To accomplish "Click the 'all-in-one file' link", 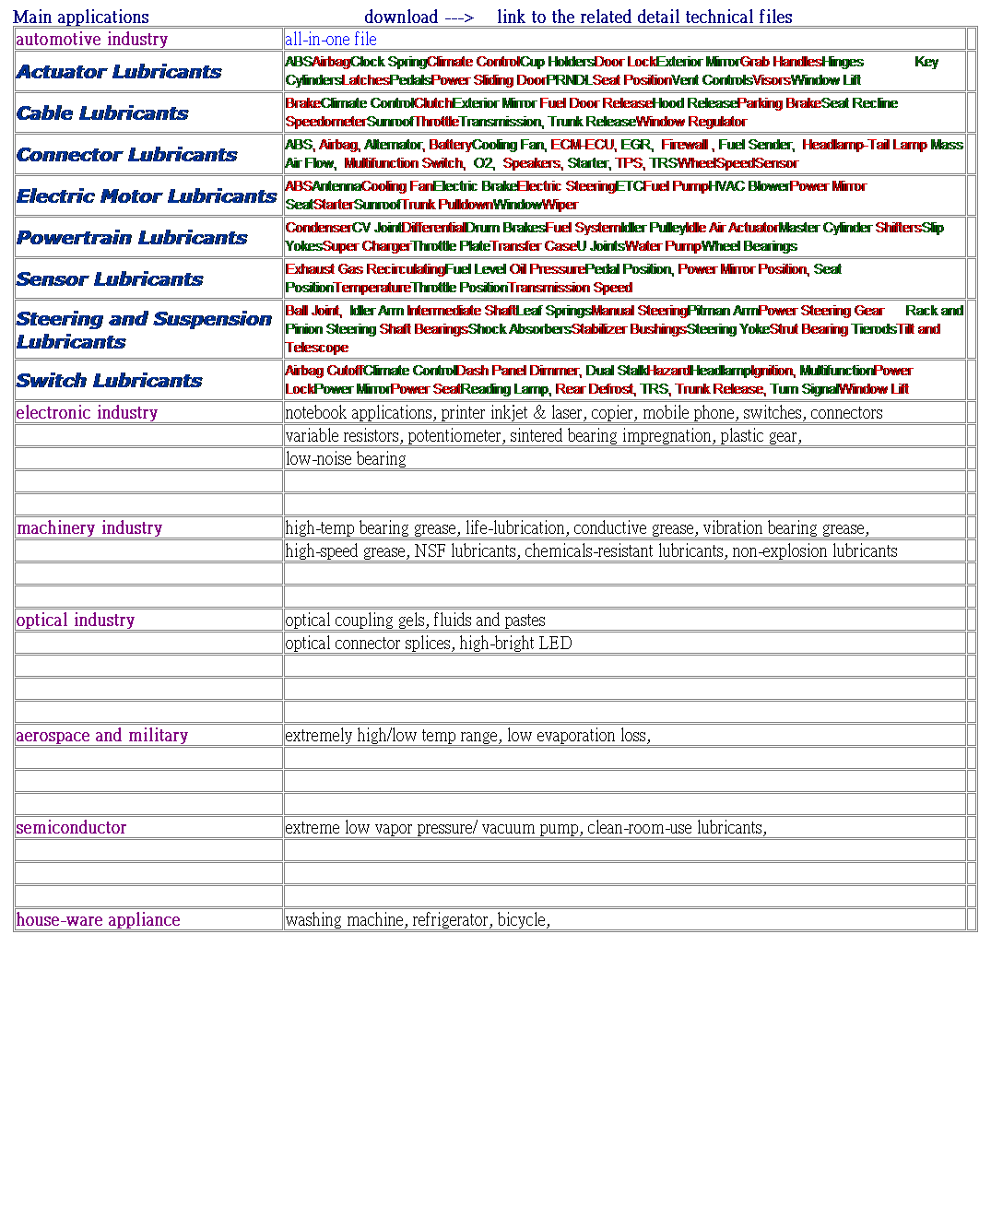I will point(331,39).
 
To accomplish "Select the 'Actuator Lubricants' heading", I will point(119,72).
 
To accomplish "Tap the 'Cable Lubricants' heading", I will point(102,113).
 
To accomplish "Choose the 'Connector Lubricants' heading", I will point(126,155).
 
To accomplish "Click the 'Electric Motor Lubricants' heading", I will point(147,196).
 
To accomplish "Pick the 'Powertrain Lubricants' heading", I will point(132,238).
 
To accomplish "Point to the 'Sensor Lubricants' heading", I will point(110,279).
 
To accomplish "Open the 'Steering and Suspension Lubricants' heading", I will point(143,330).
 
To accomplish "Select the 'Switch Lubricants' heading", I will point(109,381).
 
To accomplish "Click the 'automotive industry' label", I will point(92,39).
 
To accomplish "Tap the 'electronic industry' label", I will point(87,412).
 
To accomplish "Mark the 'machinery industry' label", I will point(89,527).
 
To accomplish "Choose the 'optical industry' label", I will point(76,620).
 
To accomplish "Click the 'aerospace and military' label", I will point(102,735).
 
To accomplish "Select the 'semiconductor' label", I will point(71,827).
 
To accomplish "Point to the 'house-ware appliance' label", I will point(98,919).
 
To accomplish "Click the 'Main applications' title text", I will point(81,17).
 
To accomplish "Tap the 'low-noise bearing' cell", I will point(346,458).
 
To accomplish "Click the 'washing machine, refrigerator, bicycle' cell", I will point(418,919).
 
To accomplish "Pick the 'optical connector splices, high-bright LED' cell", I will point(429,643).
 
